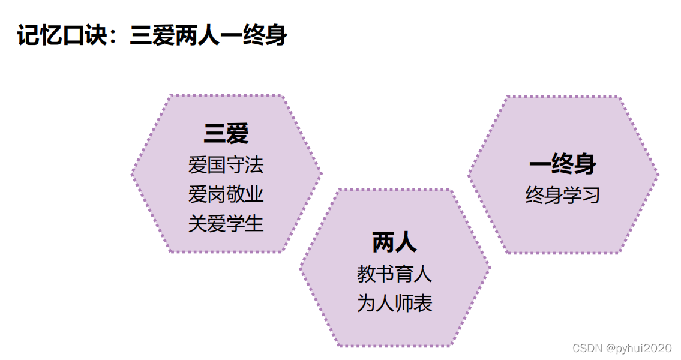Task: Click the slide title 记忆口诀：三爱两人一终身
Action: pyautogui.click(x=152, y=35)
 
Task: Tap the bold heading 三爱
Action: pyautogui.click(x=226, y=134)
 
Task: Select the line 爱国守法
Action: pyautogui.click(x=226, y=165)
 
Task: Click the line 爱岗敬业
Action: pyautogui.click(x=226, y=194)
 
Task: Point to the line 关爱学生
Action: pyautogui.click(x=226, y=224)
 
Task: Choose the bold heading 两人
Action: pyautogui.click(x=394, y=243)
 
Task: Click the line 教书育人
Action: pyautogui.click(x=394, y=274)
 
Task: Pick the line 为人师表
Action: pyautogui.click(x=394, y=304)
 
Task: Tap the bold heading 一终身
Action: pyautogui.click(x=562, y=164)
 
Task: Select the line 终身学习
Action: pyautogui.click(x=562, y=195)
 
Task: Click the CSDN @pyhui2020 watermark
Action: pyautogui.click(x=622, y=349)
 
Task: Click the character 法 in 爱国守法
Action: pyautogui.click(x=254, y=165)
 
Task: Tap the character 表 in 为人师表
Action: pyautogui.click(x=423, y=304)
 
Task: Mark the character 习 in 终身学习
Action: pyautogui.click(x=591, y=195)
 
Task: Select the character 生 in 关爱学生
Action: pyautogui.click(x=254, y=224)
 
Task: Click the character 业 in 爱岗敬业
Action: pyautogui.click(x=254, y=194)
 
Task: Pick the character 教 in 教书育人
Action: pyautogui.click(x=366, y=274)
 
